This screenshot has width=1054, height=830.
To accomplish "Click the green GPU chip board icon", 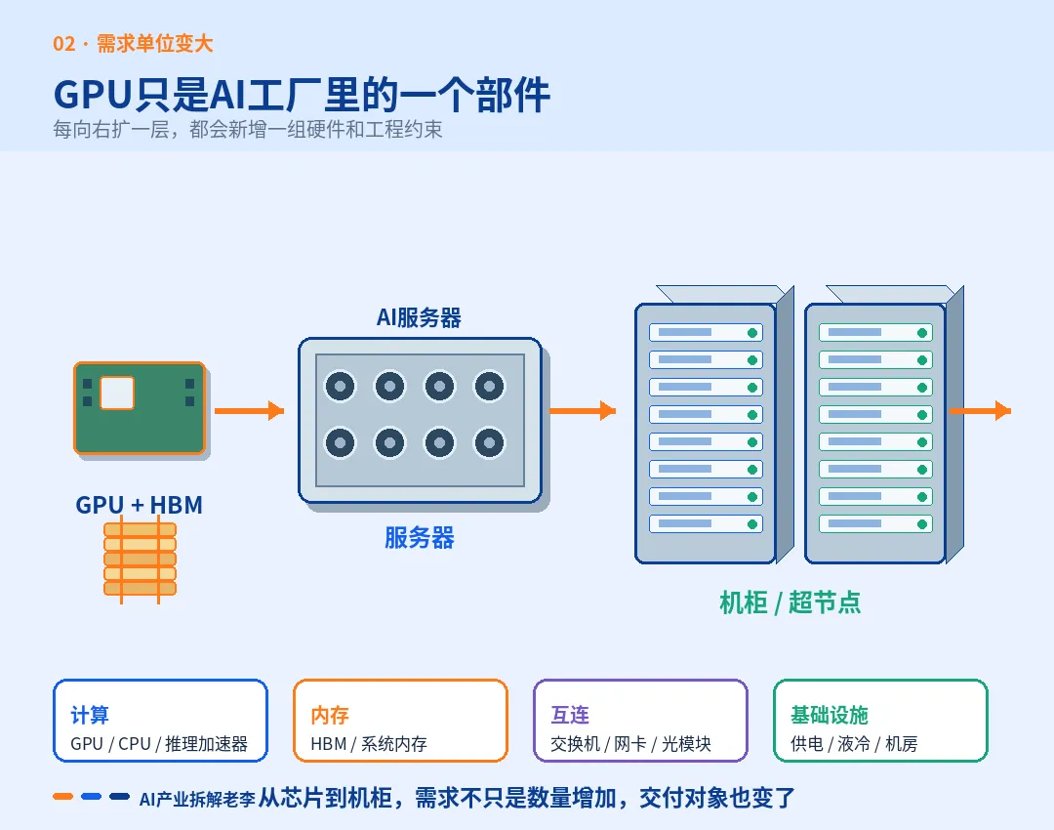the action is click(140, 408).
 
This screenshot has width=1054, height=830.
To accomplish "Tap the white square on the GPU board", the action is click(117, 393).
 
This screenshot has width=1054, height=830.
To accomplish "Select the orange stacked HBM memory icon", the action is click(140, 560).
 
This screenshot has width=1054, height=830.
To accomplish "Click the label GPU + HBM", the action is click(140, 505).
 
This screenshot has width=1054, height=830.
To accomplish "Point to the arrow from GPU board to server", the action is click(250, 410).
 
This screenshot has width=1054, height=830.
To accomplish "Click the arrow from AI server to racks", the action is click(583, 410).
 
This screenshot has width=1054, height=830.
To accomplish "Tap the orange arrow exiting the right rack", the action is click(980, 410).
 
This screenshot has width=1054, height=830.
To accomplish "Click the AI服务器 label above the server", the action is click(419, 317).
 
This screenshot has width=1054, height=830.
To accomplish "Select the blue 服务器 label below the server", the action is click(420, 538).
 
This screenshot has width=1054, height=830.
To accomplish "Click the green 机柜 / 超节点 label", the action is click(790, 602).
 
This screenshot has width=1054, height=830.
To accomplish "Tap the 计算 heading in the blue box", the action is click(90, 715).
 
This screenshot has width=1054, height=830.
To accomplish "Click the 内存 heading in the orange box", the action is click(330, 715).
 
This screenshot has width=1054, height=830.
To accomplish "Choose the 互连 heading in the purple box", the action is click(570, 715).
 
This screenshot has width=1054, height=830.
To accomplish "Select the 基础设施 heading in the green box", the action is click(830, 715).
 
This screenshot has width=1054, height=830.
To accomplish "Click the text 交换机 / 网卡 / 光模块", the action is click(630, 744).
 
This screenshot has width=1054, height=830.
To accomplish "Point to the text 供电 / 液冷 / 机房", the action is click(854, 744).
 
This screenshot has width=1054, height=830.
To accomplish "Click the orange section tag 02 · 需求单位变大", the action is click(133, 44).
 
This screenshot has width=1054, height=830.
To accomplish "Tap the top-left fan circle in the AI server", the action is click(341, 386).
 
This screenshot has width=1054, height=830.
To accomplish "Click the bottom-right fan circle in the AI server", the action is click(489, 442).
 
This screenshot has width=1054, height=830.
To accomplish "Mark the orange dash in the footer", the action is click(63, 797).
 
